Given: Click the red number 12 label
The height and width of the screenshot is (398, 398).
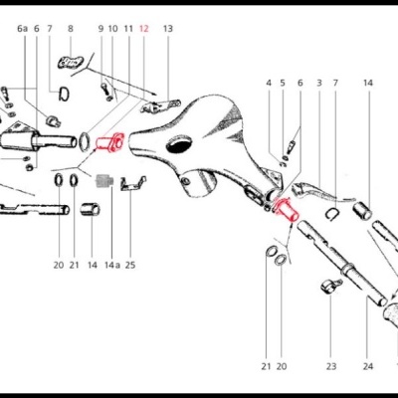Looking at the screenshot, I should pyautogui.click(x=144, y=30).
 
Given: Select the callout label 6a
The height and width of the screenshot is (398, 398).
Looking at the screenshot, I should pyautogui.click(x=22, y=30).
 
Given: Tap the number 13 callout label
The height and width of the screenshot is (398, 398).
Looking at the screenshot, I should pyautogui.click(x=167, y=30).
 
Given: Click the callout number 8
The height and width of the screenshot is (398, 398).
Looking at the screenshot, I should pyautogui.click(x=70, y=30).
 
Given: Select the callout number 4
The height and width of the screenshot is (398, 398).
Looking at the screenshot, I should pyautogui.click(x=269, y=83).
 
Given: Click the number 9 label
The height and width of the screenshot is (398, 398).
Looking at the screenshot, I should pyautogui.click(x=100, y=30).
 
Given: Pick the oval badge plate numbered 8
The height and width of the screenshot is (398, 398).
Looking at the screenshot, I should pyautogui.click(x=70, y=64).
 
